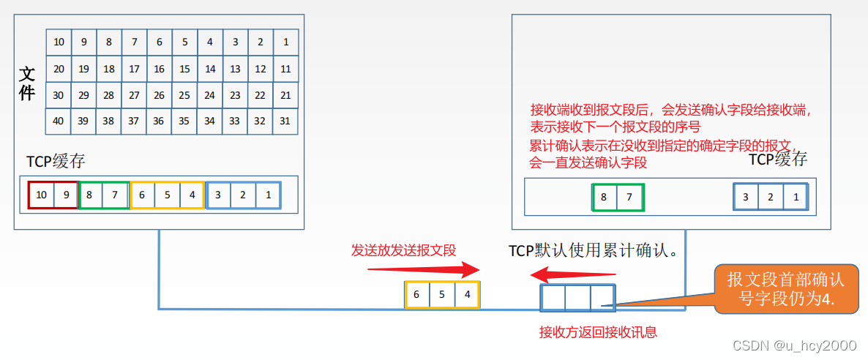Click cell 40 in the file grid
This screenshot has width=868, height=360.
59,121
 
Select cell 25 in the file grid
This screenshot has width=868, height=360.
184,95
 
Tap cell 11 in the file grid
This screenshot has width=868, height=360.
285,69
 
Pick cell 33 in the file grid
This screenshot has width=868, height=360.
235,121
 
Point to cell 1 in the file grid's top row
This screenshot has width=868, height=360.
285,42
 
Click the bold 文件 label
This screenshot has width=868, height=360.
27,83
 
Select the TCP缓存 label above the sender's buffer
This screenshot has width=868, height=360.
56,162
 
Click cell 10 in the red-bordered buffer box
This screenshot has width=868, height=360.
41,195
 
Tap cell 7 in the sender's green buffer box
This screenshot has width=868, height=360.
115,195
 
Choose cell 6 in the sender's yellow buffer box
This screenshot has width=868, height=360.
142,195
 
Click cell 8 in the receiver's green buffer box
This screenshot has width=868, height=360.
604,198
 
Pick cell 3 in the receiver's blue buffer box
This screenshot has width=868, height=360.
745,198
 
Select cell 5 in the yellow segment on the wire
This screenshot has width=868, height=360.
442,295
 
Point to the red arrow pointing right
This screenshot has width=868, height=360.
424,269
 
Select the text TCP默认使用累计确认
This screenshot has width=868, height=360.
592,251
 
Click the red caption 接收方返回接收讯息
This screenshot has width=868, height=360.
598,332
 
